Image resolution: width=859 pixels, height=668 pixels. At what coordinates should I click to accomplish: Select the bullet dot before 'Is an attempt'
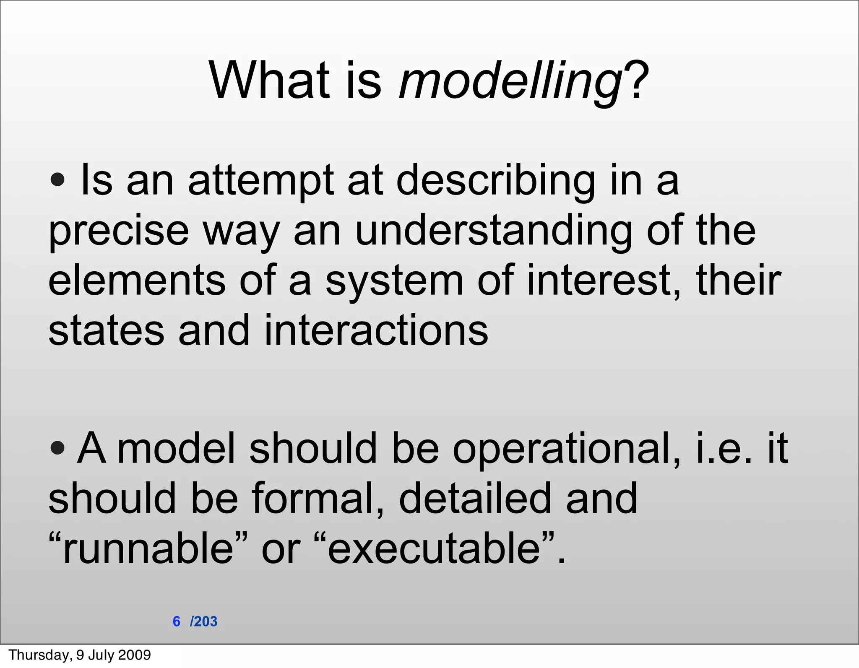click(57, 181)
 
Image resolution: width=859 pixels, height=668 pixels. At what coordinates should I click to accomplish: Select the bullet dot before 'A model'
click(57, 449)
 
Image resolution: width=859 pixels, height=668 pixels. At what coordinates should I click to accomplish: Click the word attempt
click(260, 181)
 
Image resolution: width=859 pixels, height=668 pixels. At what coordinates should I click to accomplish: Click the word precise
click(118, 231)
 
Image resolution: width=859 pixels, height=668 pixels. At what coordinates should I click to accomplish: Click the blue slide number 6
click(177, 621)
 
